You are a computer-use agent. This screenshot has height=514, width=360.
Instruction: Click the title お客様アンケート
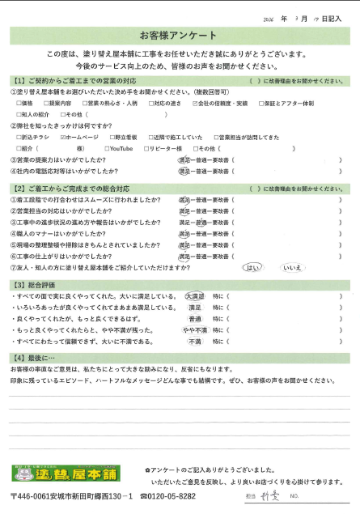click(x=180, y=37)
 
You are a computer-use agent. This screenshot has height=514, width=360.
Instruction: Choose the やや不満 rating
click(x=195, y=330)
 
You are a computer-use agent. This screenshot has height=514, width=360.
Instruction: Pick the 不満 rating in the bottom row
click(x=195, y=342)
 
